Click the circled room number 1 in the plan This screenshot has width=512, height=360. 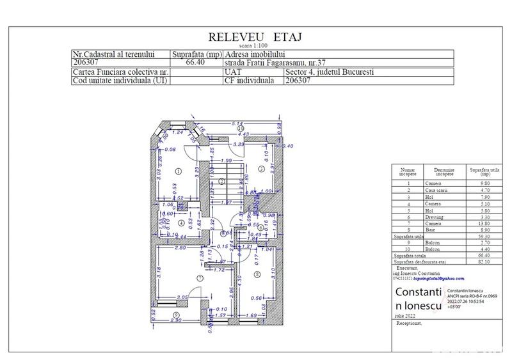(x=177, y=170)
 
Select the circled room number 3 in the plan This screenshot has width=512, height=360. (x=262, y=169)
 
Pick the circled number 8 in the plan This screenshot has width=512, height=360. (x=257, y=275)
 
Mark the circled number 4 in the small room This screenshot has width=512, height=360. (x=181, y=223)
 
